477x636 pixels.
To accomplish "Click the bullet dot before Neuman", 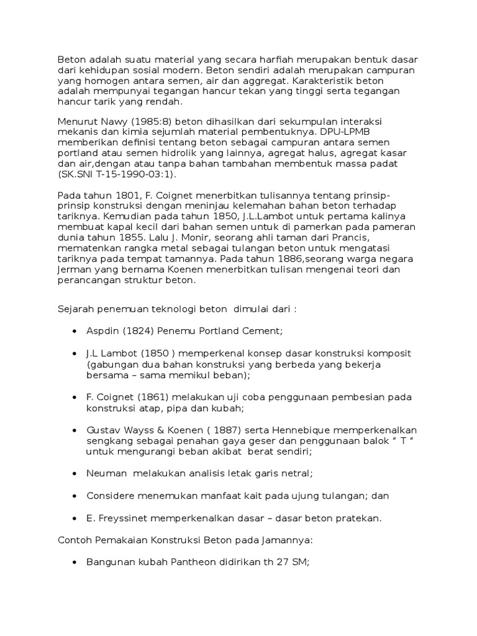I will (x=75, y=474).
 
